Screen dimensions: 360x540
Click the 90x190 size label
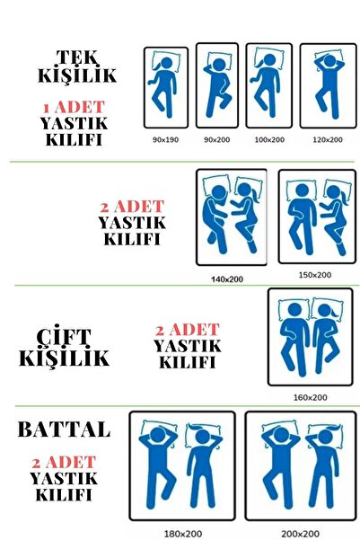165,140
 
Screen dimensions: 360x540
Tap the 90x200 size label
217,140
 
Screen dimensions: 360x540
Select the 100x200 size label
269,140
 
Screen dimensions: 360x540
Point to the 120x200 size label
328,140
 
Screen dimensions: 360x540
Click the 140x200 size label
227,279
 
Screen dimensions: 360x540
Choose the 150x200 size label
315,275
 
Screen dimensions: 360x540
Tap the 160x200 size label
310,397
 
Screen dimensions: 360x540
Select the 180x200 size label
183,534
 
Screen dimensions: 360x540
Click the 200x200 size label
300,534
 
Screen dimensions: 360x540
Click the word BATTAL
64,429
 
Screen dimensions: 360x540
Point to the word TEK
77,58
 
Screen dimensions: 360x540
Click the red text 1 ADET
74,108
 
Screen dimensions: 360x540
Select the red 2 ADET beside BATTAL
64,463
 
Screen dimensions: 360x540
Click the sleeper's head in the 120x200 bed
329,61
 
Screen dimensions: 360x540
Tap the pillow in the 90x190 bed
166,61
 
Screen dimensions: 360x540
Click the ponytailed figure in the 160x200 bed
326,339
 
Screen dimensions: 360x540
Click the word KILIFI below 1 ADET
74,140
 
